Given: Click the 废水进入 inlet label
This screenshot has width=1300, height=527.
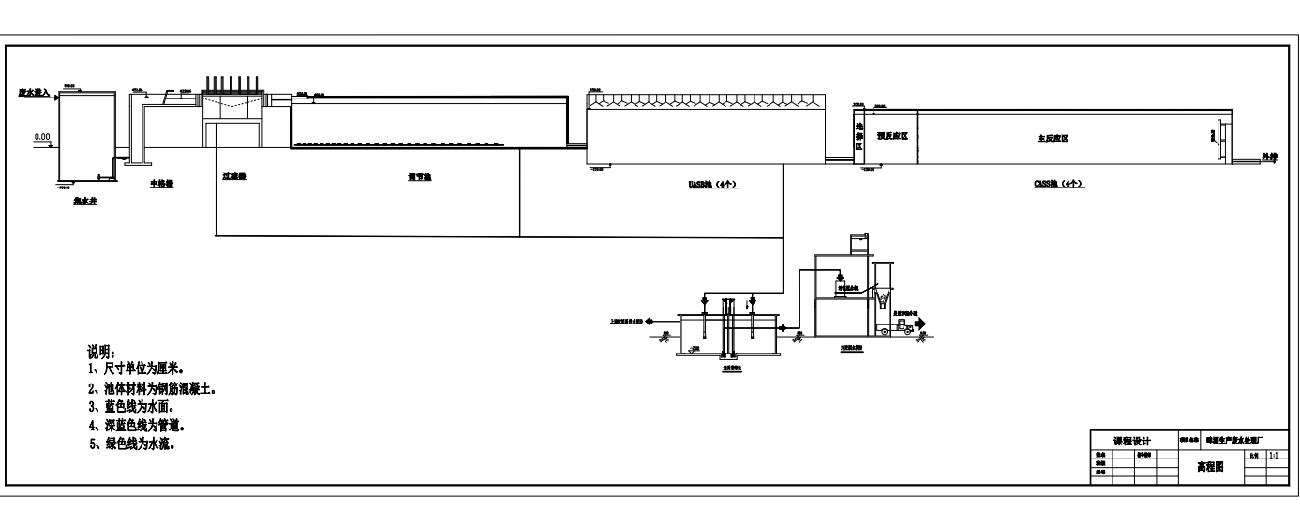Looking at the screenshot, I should coord(34,93).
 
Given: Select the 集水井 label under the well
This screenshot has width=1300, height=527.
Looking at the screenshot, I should coord(86,201).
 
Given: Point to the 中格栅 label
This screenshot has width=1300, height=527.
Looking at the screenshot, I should coord(161,183).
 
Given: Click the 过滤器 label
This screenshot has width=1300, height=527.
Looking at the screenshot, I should coord(233,175).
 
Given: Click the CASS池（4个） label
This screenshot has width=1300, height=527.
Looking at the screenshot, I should coord(1053,184).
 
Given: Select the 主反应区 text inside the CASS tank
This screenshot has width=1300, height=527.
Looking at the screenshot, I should coord(1053,137).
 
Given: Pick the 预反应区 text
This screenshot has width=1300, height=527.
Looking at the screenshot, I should coord(891,136).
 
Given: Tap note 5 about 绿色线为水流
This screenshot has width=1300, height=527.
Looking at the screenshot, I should coord(130,444).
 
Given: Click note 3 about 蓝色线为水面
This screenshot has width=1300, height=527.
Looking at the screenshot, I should coord(130,406).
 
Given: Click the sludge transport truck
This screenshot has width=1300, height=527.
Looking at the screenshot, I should coord(902,325).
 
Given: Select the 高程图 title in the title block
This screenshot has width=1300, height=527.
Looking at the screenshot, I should coord(1212,465).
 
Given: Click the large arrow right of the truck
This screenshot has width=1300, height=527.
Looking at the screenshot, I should coord(922,324).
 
